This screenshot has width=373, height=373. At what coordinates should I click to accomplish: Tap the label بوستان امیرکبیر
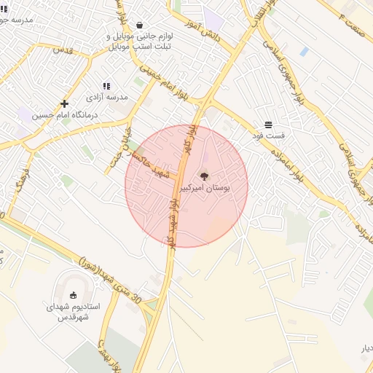coord(205,188)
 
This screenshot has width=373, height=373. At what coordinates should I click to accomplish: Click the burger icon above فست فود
coord(269,125)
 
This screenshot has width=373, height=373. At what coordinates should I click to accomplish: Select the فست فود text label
coord(269,136)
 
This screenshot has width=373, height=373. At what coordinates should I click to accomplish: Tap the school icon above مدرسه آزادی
coord(106,86)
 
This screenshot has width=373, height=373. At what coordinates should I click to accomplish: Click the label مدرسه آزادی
coord(107,97)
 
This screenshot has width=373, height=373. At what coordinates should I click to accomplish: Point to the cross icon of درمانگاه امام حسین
coord(65,104)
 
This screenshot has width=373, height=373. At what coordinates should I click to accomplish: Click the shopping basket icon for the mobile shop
coord(139,25)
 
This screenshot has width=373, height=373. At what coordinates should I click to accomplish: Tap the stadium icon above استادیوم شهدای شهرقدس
coord(73,295)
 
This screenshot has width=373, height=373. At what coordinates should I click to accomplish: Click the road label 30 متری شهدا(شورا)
coord(109,280)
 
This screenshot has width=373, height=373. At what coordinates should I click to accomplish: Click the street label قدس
coord(63,50)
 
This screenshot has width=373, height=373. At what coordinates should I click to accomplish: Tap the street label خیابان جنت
coord(114,149)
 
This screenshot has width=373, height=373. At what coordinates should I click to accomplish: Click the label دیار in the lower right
coord(366,348)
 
